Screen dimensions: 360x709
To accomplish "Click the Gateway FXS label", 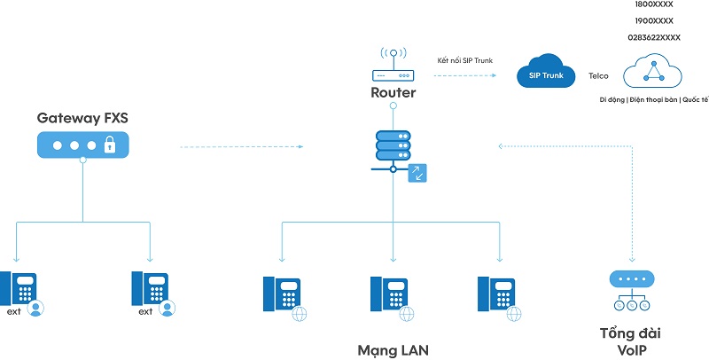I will coord(83,117).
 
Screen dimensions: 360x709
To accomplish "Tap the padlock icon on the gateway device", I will coord(109,146).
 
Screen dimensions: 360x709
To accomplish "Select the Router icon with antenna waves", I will coord(393,65).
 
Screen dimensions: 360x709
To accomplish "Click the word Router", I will coord(393,92).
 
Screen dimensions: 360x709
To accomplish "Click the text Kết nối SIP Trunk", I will coord(465,60).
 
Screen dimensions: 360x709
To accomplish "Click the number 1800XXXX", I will coord(654,4).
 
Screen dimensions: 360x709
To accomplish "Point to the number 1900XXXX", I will coord(654,20).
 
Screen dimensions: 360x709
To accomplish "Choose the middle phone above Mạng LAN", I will coord(389,293).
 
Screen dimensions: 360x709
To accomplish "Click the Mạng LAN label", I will coord(392,349).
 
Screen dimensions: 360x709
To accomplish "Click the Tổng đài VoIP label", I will coord(630,341).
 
